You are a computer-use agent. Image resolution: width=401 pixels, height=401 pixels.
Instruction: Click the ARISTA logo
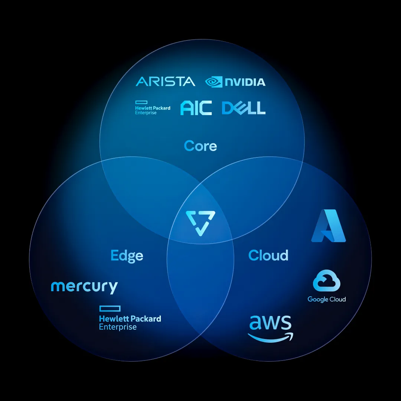(165, 81)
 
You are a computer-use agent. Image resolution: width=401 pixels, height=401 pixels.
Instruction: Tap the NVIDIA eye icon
(214, 82)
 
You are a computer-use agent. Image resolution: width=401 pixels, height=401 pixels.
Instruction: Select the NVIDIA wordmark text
(245, 82)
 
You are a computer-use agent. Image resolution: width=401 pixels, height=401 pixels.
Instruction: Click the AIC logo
(196, 108)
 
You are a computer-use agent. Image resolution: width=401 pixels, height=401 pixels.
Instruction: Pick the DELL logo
(244, 108)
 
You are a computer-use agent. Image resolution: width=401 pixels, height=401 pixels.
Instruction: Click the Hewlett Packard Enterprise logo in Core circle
(153, 108)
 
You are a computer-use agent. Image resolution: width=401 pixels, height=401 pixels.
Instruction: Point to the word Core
(200, 146)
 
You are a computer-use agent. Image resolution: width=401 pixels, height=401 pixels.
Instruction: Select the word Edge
(127, 255)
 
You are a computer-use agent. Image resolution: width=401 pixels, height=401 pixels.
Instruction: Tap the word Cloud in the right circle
(268, 255)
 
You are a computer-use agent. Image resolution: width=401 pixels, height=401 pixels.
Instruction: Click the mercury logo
(84, 287)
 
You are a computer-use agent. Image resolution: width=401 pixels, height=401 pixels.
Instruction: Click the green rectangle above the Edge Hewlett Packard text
(110, 308)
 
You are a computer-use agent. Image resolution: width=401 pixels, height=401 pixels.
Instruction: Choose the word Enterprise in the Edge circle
(118, 327)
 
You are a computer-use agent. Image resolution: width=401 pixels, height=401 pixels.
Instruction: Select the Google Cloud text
(327, 299)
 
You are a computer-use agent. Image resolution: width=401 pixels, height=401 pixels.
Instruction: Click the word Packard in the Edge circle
(146, 319)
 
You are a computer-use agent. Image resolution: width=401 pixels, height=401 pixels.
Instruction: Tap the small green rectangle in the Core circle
(141, 102)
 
